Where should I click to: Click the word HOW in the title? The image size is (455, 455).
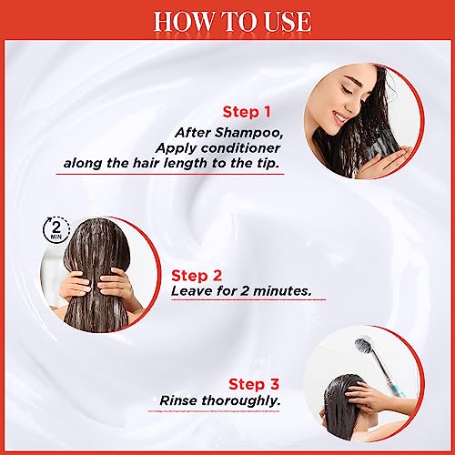coord(179,21)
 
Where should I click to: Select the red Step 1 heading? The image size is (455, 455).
coord(247,112)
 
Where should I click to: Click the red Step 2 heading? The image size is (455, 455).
coord(197,276)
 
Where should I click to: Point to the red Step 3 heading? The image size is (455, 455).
coord(254,384)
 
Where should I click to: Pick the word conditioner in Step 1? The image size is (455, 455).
coord(240,148)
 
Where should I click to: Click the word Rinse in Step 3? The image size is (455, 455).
coord(178,400)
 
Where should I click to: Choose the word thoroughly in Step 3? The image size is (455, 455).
coord(240,401)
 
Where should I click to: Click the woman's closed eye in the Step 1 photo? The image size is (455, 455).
coord(346,89)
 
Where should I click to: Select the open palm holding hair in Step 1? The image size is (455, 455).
coord(390,157)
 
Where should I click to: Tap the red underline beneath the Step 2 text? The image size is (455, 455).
coord(248,299)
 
